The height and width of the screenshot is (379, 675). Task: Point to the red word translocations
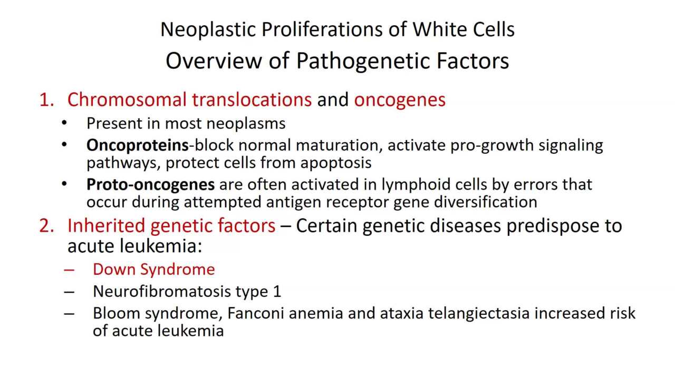coord(252,99)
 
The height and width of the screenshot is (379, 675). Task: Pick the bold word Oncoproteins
coord(137,145)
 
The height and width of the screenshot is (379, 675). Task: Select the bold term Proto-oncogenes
coord(150,185)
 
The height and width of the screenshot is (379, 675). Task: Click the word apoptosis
coord(336,163)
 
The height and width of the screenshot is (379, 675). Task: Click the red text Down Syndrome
coord(153,270)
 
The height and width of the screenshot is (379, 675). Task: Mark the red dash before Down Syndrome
coord(69,270)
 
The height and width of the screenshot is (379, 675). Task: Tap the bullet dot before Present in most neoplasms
coord(64,123)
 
